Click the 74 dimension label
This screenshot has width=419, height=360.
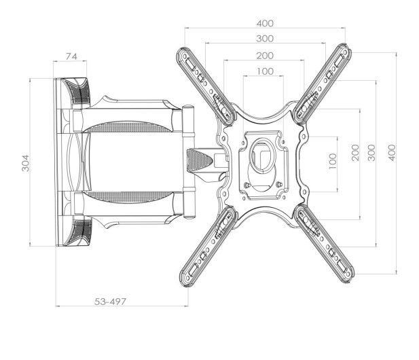pos(71,56)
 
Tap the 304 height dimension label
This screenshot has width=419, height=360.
pos(25,163)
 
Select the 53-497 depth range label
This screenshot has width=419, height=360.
pos(110,302)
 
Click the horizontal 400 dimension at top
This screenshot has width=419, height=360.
pos(265,24)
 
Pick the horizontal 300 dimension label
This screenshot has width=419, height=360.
pos(265,39)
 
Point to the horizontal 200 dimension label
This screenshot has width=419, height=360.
pos(265,56)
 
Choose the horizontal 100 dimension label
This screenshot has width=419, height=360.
pos(265,71)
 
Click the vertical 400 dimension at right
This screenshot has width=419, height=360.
pos(391,153)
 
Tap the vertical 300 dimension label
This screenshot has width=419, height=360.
pos(371,153)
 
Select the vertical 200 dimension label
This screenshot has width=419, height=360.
pos(355,153)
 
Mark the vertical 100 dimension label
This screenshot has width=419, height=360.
pos(333,161)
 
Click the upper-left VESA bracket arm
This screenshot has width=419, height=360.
pos(206,86)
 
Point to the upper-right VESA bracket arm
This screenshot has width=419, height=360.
pos(323,84)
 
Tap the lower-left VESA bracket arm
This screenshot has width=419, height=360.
pos(208,246)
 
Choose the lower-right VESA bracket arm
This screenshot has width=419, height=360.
pos(325,244)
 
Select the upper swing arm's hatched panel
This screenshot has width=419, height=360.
pos(128,127)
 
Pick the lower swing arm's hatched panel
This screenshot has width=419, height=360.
pos(128,197)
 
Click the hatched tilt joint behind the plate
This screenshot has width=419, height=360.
pos(198,160)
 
